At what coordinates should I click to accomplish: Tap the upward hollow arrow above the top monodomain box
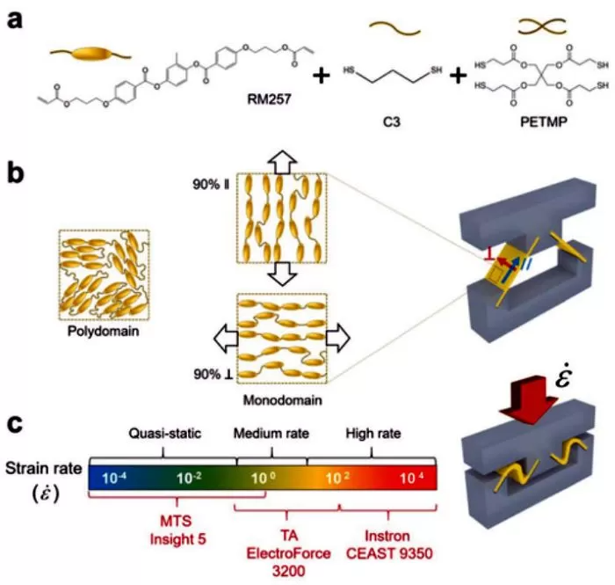point(282,159)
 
